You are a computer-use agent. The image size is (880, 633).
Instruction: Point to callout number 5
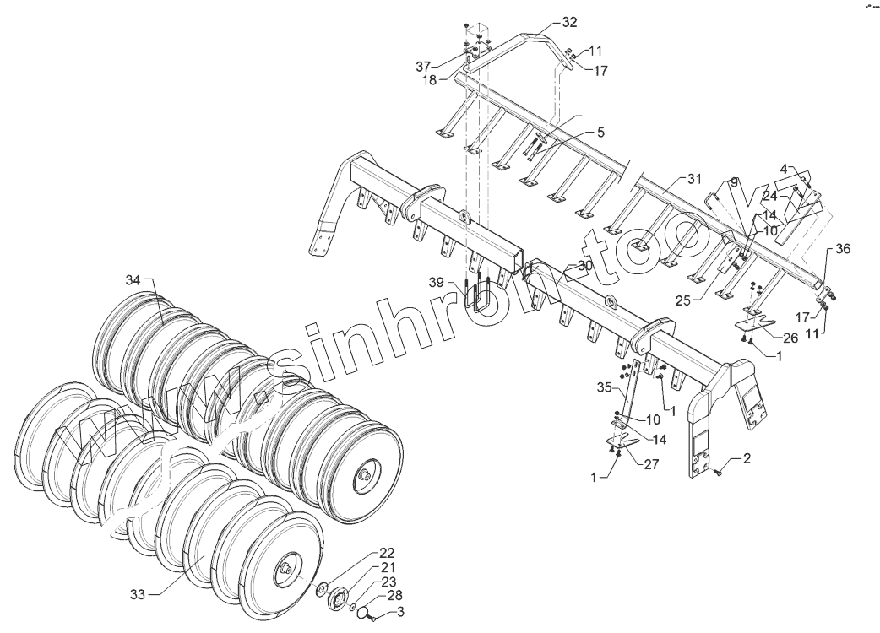tap(600, 133)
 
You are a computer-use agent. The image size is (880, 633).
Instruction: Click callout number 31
tap(693, 179)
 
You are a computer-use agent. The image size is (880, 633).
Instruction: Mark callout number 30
tap(585, 265)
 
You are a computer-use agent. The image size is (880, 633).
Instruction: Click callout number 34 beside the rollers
tap(133, 279)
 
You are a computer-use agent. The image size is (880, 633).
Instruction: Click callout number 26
tap(790, 338)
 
